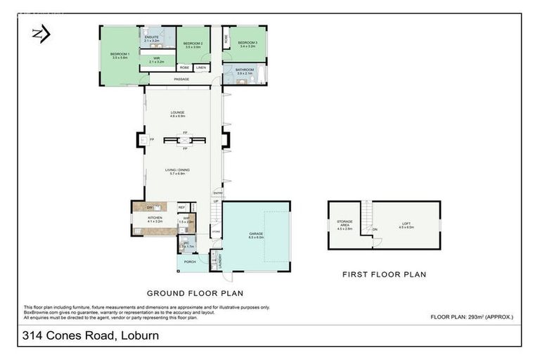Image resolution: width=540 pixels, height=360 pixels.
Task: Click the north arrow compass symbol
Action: coord(40,34)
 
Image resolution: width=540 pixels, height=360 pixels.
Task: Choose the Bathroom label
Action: coord(245,71)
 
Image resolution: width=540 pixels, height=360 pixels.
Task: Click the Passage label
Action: coord(182,79)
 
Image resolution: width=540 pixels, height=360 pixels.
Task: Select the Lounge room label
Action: coord(177,113)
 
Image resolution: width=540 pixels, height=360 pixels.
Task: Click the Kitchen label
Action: coord(155,219)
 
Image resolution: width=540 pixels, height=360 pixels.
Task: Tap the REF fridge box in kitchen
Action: coord(181,207)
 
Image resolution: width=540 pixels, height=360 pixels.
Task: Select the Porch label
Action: coord(190,262)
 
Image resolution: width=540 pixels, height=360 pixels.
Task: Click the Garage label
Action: coord(256,234)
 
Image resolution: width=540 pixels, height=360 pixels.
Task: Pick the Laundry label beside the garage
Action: coord(219,261)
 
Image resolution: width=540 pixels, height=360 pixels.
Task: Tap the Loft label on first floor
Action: coord(407,225)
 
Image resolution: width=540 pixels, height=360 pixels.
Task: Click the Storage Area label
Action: coord(345,225)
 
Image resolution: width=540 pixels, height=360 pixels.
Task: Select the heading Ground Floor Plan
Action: coord(195,292)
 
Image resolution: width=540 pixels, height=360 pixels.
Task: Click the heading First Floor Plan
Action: coord(384,274)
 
